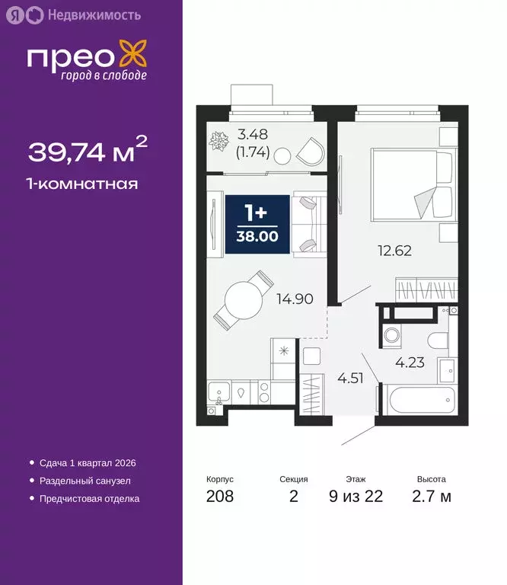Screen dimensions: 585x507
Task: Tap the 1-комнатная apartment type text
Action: click(x=82, y=184)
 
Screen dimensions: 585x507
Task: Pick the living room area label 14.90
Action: click(x=296, y=299)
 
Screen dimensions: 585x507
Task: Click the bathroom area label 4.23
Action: click(x=409, y=362)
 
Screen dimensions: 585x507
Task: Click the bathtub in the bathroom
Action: click(x=417, y=400)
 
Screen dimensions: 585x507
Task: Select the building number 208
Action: click(x=219, y=497)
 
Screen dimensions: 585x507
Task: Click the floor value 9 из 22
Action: click(x=356, y=497)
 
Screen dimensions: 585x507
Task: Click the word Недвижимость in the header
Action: click(x=94, y=14)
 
